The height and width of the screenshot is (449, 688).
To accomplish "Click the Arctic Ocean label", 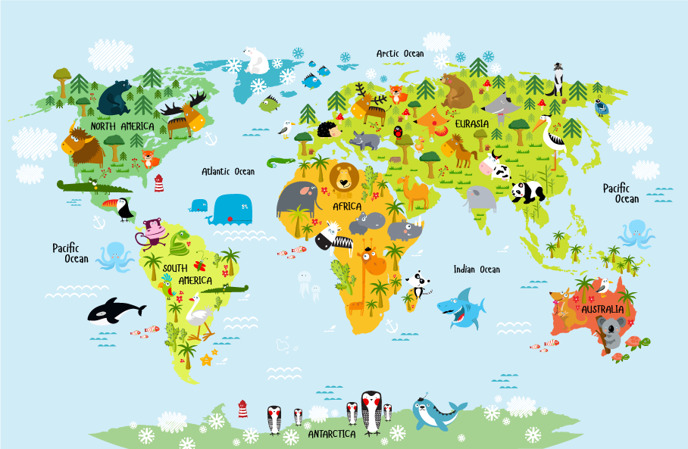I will click(400, 54).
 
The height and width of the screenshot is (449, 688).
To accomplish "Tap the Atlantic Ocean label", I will click(228, 172).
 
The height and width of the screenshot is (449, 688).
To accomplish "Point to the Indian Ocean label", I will click(477, 270).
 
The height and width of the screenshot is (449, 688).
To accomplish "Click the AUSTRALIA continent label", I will click(603, 310).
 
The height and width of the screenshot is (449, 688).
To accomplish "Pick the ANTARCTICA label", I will click(332, 435).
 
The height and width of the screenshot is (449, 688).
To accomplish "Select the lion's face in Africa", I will click(345, 179).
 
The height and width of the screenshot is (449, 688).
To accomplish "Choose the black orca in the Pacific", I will click(114, 310).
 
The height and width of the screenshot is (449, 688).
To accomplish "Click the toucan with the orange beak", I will click(121, 207).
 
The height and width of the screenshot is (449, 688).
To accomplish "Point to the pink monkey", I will click(154, 232).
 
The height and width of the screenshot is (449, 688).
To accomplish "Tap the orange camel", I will click(415, 194).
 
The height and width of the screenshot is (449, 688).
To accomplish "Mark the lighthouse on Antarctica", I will click(242, 409).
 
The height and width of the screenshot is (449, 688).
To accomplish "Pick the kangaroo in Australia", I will click(566, 306).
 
